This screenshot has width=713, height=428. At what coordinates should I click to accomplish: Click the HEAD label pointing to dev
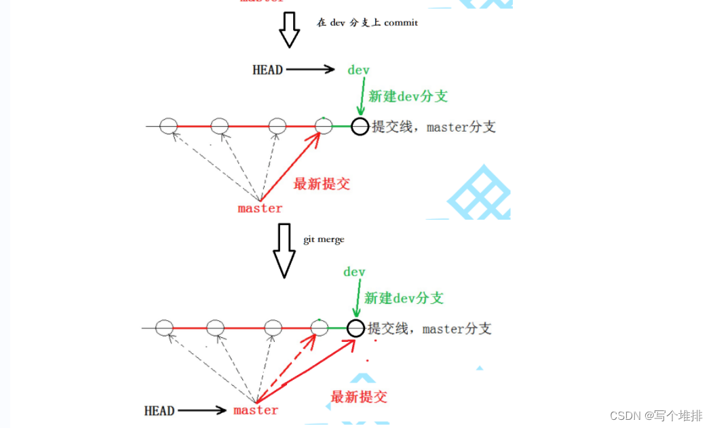coord(267,69)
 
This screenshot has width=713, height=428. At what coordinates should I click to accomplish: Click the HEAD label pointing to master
coord(159,410)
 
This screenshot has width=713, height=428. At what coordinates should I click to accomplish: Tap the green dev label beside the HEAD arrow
coord(358,70)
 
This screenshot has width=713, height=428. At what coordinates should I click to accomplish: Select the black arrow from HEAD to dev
coord(311,69)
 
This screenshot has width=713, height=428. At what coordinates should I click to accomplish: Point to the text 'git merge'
coord(324,239)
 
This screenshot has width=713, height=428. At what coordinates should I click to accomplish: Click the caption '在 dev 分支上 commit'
coord(367,22)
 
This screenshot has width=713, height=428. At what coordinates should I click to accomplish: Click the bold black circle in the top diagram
coord(360,126)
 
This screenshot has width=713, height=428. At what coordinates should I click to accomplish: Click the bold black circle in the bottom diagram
coord(355,329)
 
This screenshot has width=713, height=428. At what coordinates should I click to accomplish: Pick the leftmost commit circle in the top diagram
coord(169,125)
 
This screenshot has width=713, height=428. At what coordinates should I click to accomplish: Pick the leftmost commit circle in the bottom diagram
coord(164,328)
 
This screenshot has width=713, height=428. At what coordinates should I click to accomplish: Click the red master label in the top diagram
coord(260,208)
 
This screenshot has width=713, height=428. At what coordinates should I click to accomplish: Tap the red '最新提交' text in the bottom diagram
coord(359,397)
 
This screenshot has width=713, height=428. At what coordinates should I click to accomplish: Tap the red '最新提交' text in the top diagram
coord(322,184)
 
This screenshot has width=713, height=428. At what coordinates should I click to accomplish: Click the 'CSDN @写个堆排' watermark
coord(656,415)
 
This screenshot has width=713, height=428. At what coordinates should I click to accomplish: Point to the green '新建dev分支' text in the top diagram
coord(408,96)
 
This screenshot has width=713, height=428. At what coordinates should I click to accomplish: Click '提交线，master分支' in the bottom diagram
coord(429,329)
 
